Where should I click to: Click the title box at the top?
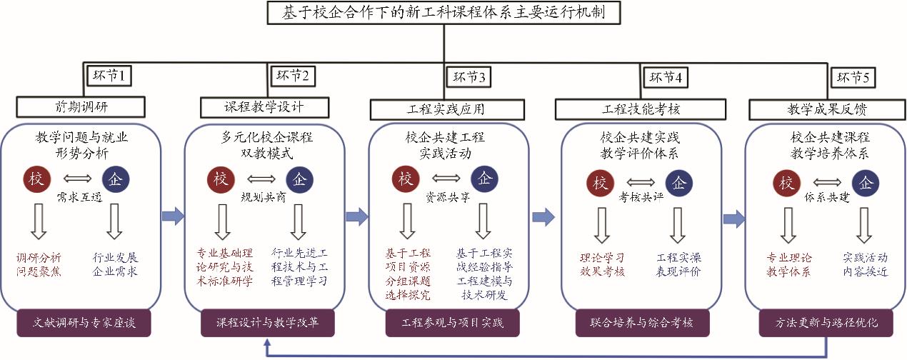[x=443, y=12]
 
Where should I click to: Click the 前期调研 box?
[x=81, y=106]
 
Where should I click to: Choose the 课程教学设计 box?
[x=265, y=106]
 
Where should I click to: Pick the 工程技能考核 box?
[x=641, y=109]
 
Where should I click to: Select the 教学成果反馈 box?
[x=821, y=109]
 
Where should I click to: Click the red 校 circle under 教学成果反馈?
[x=787, y=184]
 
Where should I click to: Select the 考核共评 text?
[x=641, y=197]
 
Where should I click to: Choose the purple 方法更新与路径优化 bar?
[x=827, y=322]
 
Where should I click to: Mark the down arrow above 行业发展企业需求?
[x=114, y=224]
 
